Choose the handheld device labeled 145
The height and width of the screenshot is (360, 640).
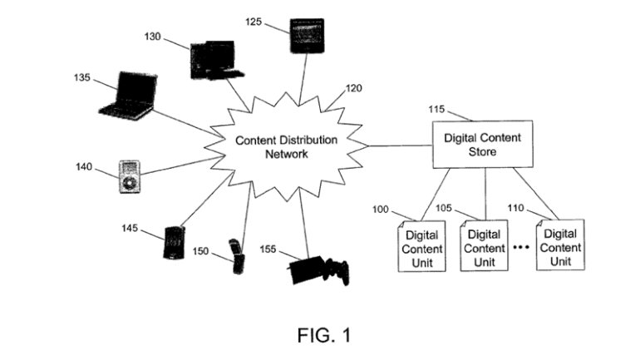pyautogui.click(x=175, y=242)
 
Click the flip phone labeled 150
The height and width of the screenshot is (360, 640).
pyautogui.click(x=238, y=257)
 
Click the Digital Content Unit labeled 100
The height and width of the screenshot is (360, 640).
pyautogui.click(x=423, y=246)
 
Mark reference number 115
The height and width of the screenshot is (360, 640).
pyautogui.click(x=439, y=109)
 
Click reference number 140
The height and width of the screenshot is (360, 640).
pyautogui.click(x=86, y=167)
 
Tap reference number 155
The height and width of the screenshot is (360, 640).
pyautogui.click(x=268, y=248)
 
